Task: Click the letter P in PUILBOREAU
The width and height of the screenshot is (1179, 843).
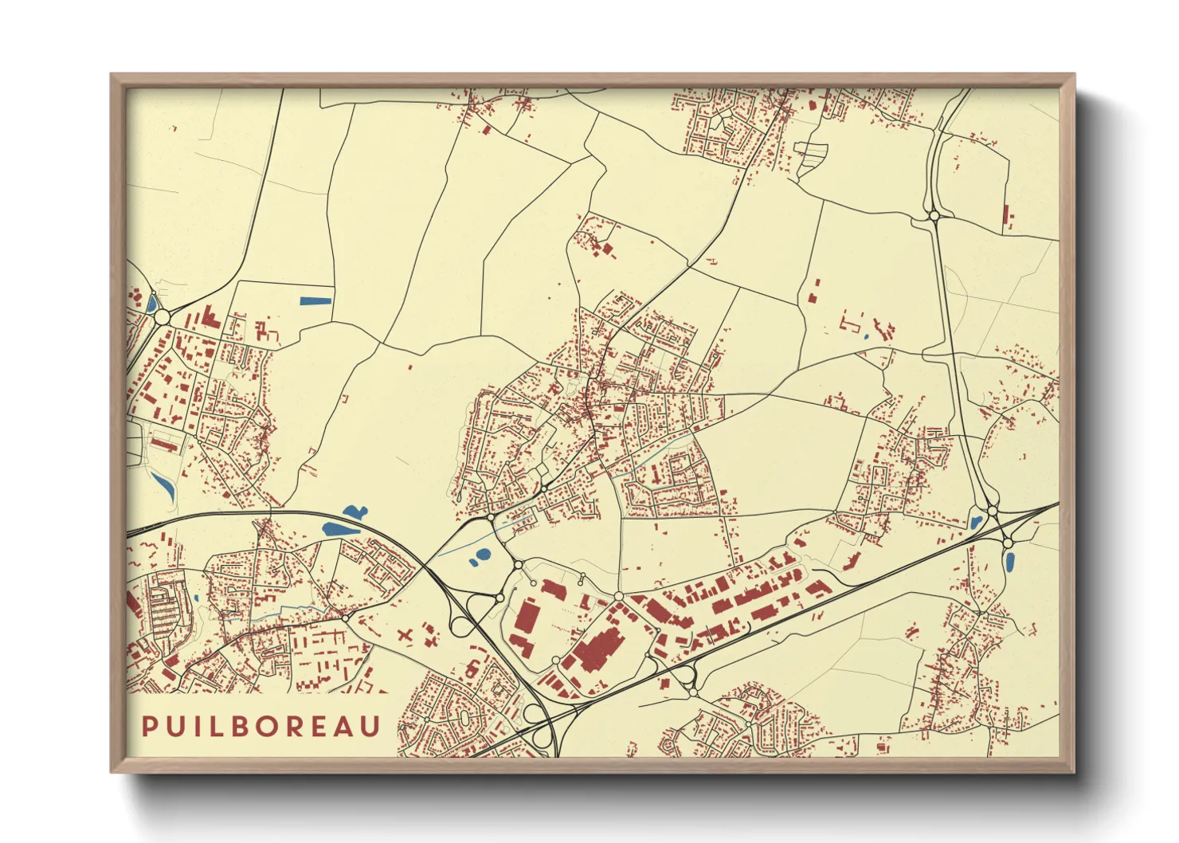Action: click(x=149, y=727)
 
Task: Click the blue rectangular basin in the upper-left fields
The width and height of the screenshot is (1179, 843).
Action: click(x=316, y=301)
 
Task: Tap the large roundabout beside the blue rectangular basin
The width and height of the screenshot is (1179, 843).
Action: click(x=163, y=317)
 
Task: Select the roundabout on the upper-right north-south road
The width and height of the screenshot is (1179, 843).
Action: click(x=934, y=215)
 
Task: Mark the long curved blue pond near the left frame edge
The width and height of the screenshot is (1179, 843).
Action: click(x=164, y=485)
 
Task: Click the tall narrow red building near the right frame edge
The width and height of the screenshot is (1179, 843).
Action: click(x=1005, y=216)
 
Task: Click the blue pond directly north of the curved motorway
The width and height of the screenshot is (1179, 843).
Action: click(x=354, y=512)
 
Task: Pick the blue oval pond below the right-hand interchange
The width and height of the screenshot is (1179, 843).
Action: click(x=1009, y=563)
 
